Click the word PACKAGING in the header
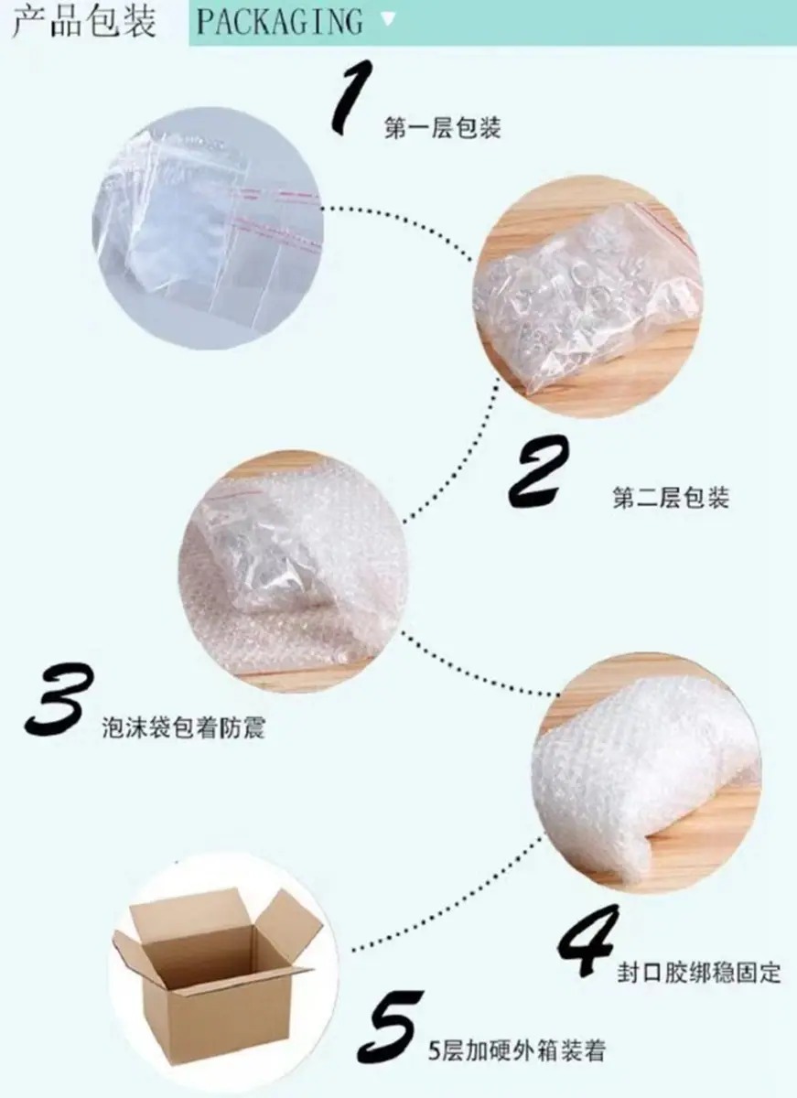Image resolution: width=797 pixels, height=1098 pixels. [279, 22]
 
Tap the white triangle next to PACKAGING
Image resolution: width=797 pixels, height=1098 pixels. [388, 19]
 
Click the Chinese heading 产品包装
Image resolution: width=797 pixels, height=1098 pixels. [84, 22]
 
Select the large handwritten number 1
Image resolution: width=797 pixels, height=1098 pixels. [352, 97]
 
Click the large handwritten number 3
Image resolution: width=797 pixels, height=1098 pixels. [59, 700]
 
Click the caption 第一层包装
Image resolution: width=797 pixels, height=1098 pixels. [443, 128]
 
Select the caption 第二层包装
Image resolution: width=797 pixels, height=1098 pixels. [671, 498]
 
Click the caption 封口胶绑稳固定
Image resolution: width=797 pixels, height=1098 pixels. [698, 958]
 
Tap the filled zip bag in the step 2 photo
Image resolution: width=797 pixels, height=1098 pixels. [588, 299]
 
